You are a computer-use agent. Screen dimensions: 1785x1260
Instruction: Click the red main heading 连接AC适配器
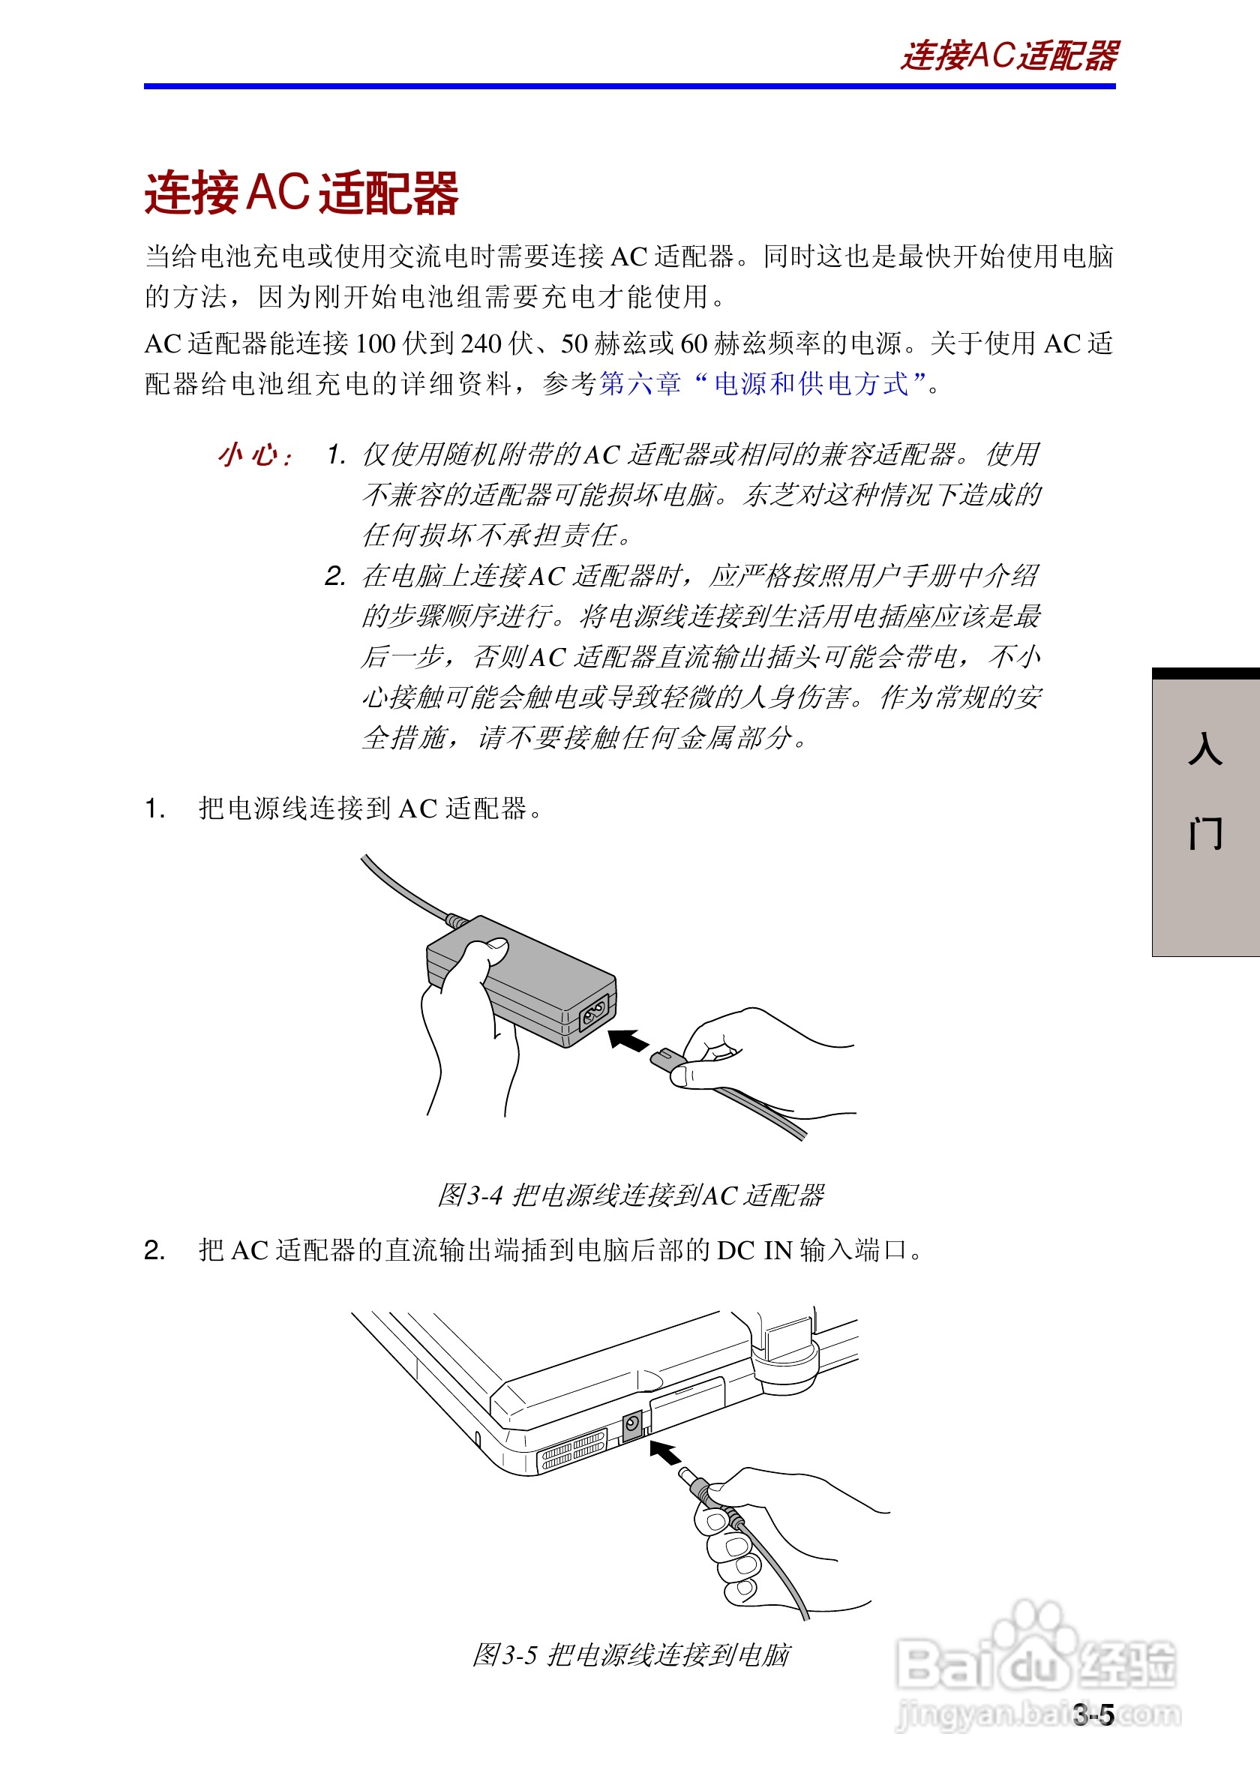pos(301,193)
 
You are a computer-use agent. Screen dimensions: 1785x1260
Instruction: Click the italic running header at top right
pos(1008,56)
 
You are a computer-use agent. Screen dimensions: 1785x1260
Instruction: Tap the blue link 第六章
pos(640,383)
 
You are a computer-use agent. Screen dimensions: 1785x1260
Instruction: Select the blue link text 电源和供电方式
pos(811,383)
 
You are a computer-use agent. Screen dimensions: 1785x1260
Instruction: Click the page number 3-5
pos(1093,1715)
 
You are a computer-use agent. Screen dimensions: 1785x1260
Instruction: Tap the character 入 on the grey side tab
pos(1204,749)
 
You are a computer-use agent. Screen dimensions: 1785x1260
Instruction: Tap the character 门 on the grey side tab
pos(1204,833)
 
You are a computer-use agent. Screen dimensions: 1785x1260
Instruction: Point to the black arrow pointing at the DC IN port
pos(664,1452)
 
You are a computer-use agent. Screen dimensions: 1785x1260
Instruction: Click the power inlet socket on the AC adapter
pos(594,1012)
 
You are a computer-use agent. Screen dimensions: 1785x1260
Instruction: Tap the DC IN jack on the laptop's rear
pos(632,1424)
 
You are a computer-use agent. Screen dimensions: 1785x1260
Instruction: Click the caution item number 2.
pos(335,576)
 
